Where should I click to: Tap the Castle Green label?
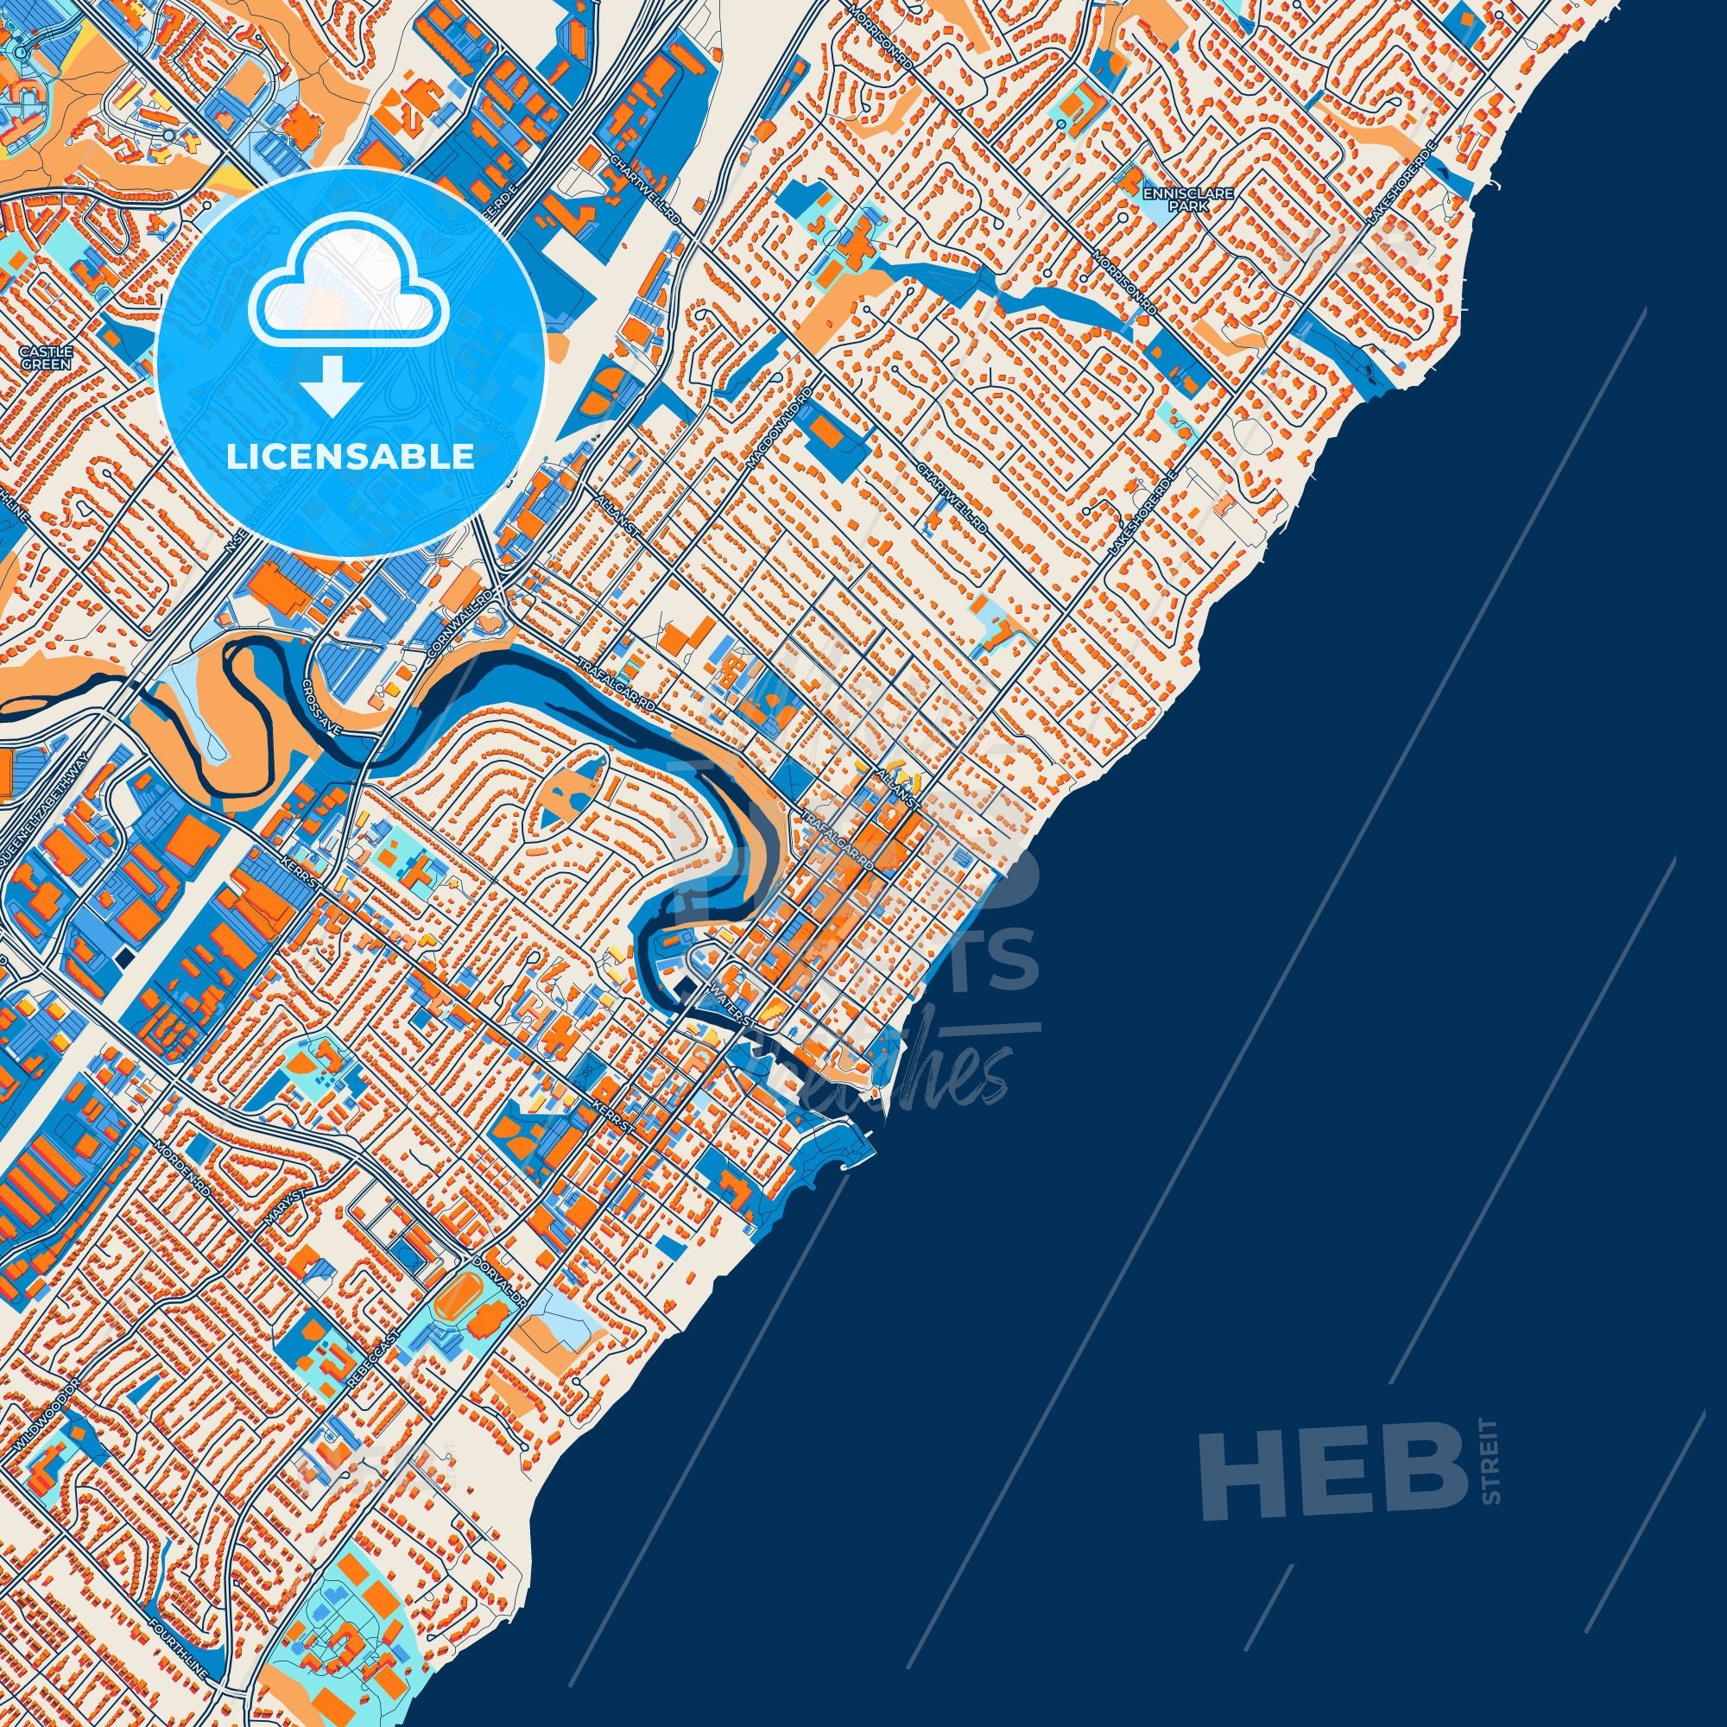click(x=39, y=357)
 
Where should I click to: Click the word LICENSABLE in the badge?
click(x=350, y=457)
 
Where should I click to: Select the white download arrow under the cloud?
click(x=332, y=385)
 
